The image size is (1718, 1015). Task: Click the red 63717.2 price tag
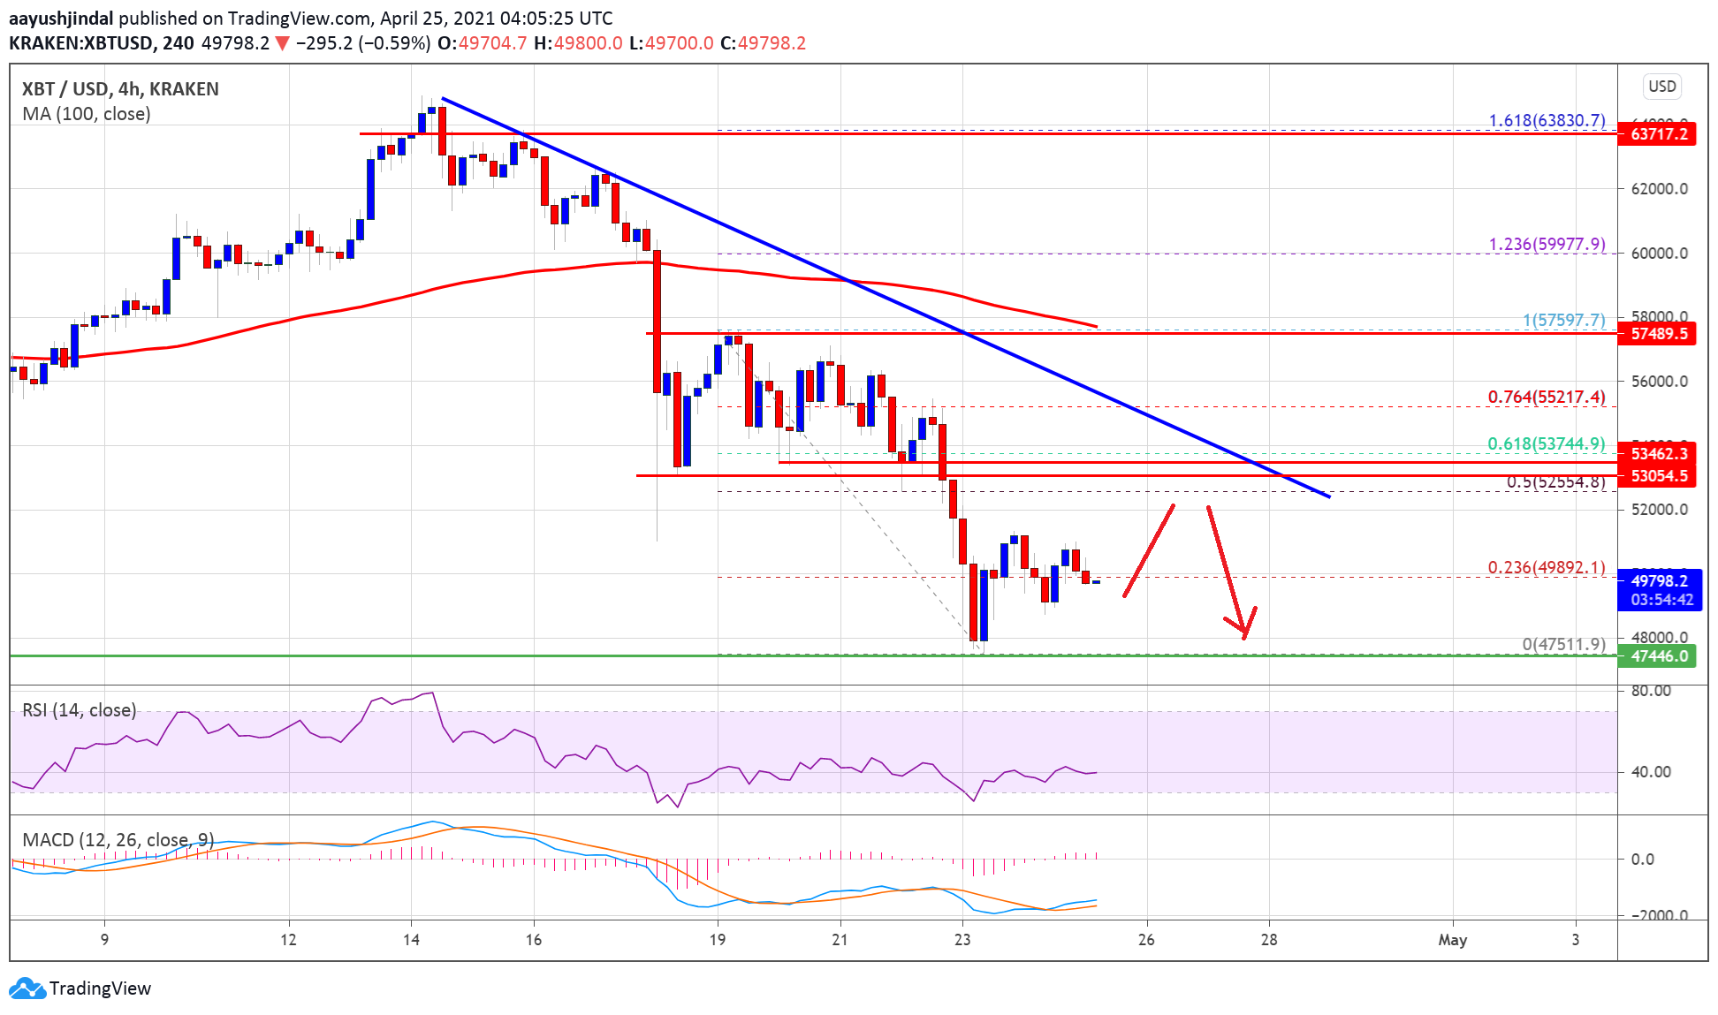point(1657,134)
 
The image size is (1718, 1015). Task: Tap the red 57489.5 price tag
point(1657,333)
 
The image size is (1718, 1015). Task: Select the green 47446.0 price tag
point(1657,656)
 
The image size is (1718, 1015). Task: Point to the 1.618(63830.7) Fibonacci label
point(1547,120)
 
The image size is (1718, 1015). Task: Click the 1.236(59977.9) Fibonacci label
point(1547,244)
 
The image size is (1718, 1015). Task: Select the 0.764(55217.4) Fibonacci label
point(1546,397)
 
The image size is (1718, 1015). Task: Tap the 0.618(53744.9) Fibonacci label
point(1546,443)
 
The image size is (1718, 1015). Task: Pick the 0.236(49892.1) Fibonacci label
point(1546,567)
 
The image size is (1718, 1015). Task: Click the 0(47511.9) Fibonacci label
point(1563,644)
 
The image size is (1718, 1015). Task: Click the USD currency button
point(1661,87)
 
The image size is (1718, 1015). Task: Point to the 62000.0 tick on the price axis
point(1659,189)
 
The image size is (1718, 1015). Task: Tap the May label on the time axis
point(1452,940)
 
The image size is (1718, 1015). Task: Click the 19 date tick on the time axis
point(718,940)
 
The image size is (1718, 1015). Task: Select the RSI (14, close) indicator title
point(80,710)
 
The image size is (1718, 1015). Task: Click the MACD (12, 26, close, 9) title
point(118,839)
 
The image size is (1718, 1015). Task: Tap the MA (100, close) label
point(87,114)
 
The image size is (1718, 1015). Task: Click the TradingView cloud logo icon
point(27,988)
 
